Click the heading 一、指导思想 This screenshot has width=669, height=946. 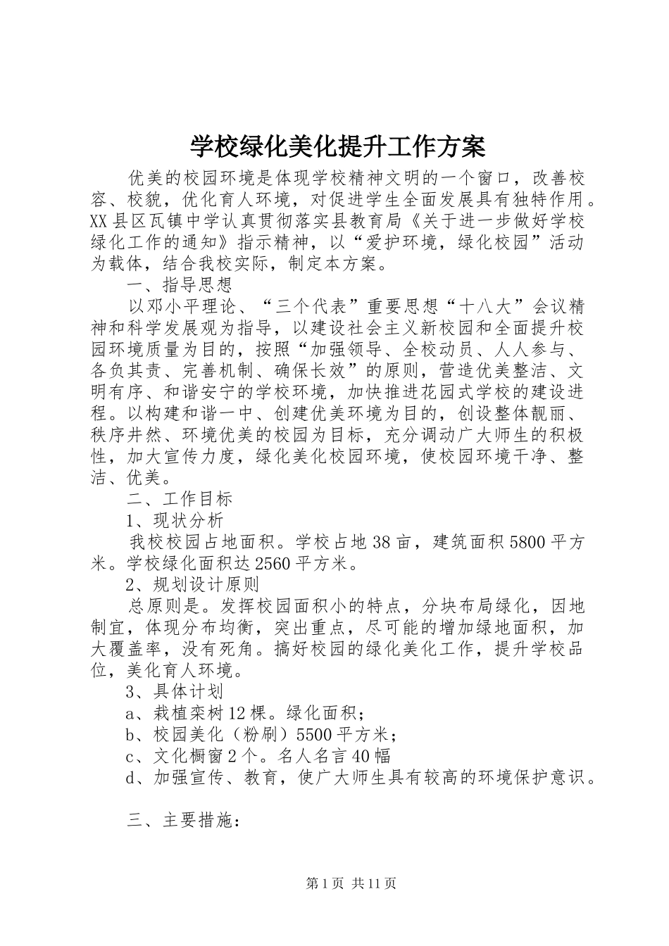coord(179,286)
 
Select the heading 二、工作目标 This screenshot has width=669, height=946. coord(179,499)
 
